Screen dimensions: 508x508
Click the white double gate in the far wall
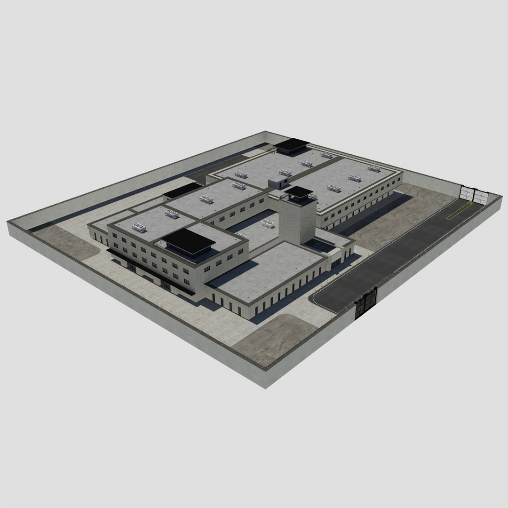click(474, 194)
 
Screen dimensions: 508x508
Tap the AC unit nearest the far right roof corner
click(374, 168)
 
